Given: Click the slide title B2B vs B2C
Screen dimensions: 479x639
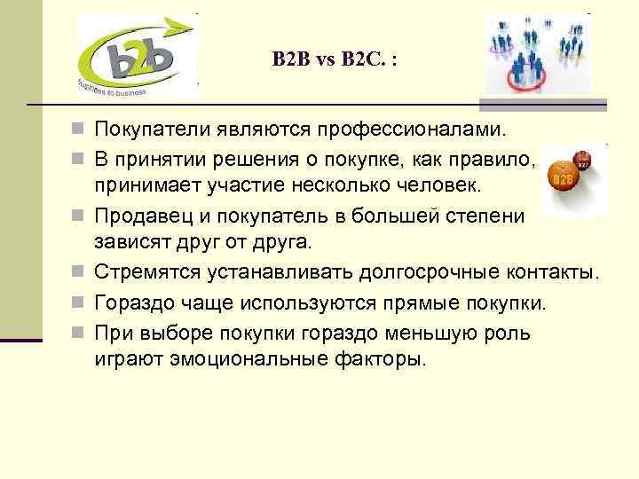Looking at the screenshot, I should pos(335,59).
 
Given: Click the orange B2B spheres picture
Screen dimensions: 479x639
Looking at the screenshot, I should pos(572,178).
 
